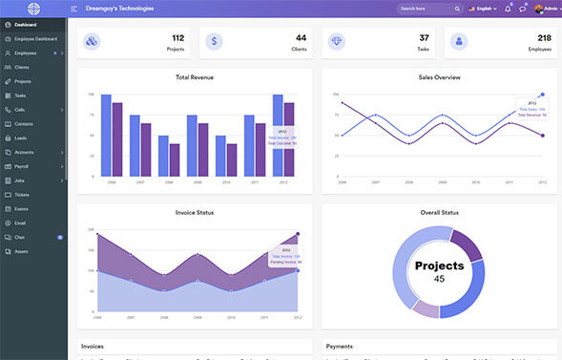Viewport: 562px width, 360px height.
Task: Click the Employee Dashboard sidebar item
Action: point(35,38)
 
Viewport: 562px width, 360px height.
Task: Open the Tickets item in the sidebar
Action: point(22,194)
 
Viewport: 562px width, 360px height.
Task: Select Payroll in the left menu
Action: point(22,166)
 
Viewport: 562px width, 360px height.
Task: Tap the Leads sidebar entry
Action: point(21,138)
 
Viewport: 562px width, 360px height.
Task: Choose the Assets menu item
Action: point(21,250)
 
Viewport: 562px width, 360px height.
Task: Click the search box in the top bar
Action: point(426,9)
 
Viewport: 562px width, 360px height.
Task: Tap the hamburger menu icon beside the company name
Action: point(74,9)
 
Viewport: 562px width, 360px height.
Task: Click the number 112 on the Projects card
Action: point(177,37)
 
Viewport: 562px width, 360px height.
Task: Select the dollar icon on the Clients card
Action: point(214,42)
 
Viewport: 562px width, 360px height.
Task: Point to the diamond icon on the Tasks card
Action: point(337,42)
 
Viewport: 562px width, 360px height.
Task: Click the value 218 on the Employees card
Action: point(539,37)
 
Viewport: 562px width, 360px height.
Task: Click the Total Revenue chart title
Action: point(195,76)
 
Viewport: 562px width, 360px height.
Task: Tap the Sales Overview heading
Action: point(439,76)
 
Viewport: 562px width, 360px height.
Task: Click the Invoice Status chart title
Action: point(195,212)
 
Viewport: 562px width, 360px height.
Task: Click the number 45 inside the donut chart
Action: point(439,279)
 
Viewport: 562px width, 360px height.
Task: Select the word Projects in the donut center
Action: point(439,265)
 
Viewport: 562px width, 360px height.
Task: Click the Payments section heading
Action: point(341,346)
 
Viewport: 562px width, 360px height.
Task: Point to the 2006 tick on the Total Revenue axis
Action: point(111,181)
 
